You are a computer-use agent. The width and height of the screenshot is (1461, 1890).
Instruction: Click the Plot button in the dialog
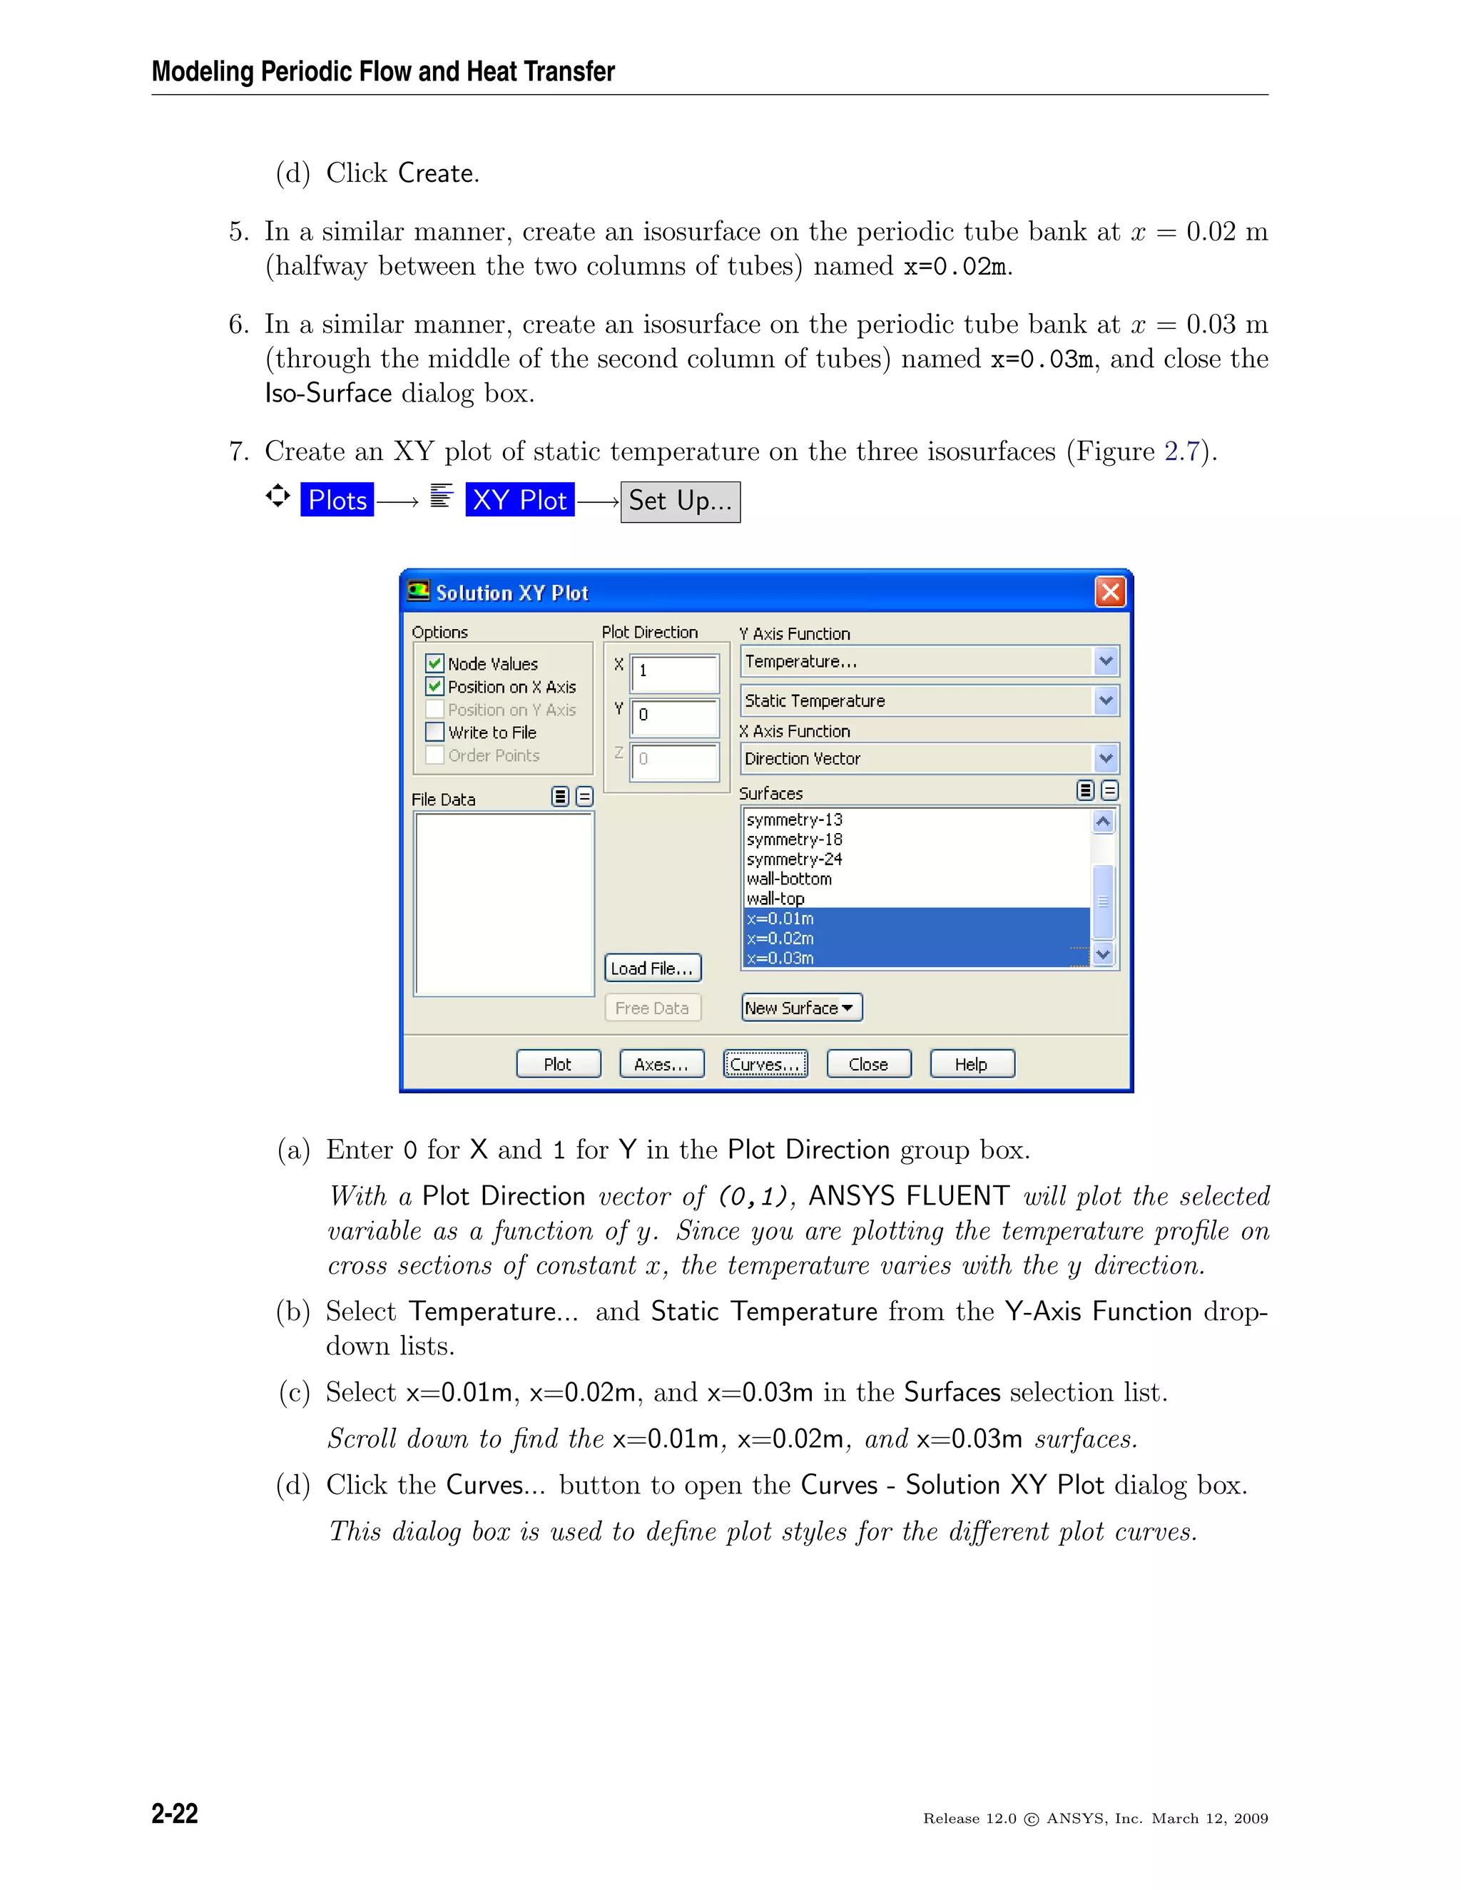[x=559, y=1063]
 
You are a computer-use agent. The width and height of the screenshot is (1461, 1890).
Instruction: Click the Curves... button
[x=765, y=1063]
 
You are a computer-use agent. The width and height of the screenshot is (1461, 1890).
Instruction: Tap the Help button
[x=971, y=1063]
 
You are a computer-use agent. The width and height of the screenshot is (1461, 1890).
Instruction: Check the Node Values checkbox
[x=435, y=664]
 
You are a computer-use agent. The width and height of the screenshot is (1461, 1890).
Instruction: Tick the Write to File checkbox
[x=435, y=732]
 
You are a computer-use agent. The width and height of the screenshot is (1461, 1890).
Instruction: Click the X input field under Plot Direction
[x=675, y=673]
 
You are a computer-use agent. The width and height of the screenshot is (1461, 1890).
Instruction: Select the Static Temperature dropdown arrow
[x=1105, y=700]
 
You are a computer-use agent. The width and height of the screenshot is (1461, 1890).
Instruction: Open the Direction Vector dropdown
[x=1105, y=758]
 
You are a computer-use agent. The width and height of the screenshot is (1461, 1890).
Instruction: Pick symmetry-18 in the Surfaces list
[x=794, y=839]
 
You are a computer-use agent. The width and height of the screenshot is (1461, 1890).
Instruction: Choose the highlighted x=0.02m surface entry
[x=780, y=938]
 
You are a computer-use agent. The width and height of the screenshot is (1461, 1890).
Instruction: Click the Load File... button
[x=652, y=969]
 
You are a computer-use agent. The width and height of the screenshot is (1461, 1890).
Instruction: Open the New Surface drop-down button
[x=800, y=1007]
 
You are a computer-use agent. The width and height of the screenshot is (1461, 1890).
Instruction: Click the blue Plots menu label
[x=337, y=499]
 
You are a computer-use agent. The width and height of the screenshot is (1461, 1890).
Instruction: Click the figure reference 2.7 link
[x=1181, y=451]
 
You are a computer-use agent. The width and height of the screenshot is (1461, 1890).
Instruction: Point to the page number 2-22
[x=175, y=1813]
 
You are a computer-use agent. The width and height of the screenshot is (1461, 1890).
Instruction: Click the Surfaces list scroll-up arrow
[x=1103, y=821]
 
